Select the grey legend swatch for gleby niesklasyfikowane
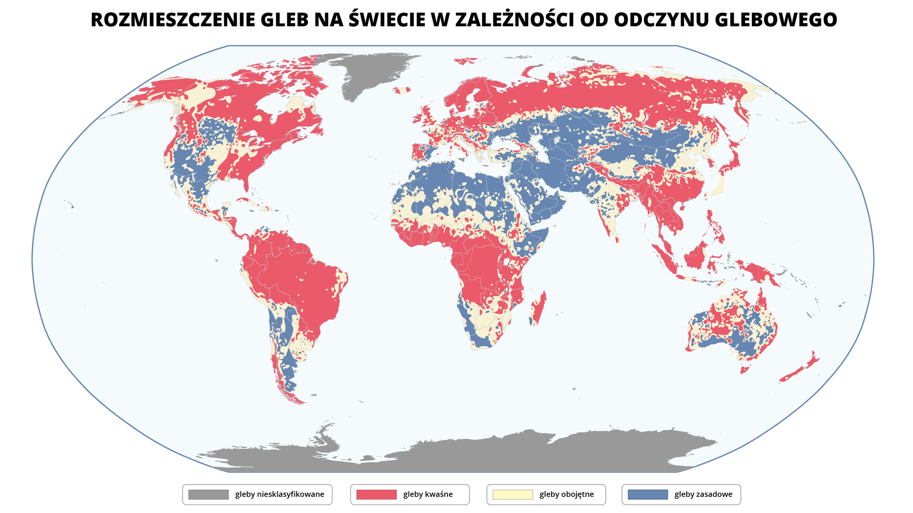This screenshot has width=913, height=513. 208,494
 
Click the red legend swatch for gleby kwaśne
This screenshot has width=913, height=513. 376,494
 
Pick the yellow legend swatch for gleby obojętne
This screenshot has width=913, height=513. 513,494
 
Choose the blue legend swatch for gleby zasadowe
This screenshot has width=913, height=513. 648,494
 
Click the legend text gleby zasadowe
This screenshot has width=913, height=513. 703,494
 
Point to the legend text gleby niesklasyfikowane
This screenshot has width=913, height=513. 280,494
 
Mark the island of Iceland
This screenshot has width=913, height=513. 402,90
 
